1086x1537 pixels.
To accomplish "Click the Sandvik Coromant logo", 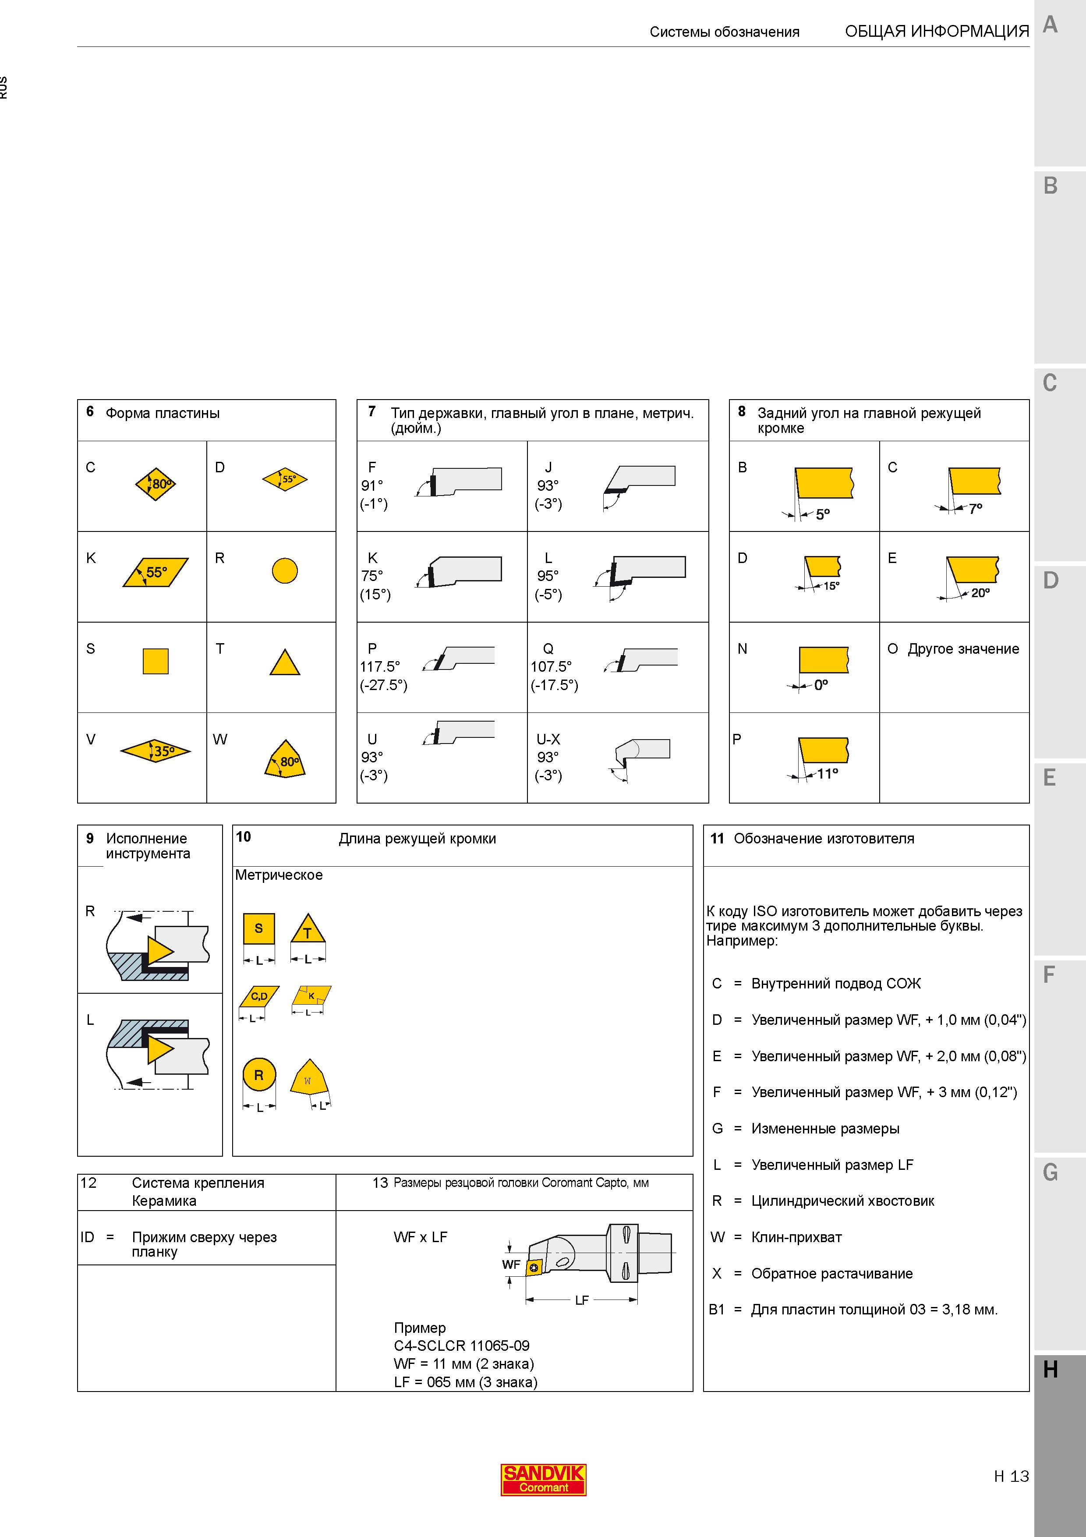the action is [543, 1479].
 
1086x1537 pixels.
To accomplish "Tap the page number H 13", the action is [1011, 1476].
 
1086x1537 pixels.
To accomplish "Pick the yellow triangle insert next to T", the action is [284, 663].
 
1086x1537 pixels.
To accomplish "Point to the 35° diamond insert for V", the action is [155, 751].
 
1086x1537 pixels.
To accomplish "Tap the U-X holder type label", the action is [548, 739].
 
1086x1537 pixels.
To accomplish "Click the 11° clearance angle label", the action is [828, 774].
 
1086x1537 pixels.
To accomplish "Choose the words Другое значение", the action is [963, 649].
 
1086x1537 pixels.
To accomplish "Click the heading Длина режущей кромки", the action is [417, 839].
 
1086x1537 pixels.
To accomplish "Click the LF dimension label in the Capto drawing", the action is [581, 1300].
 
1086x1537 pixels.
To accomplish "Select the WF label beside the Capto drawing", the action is [511, 1264].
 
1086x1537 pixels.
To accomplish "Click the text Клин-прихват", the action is [796, 1237].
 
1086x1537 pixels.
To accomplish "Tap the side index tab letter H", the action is [1051, 1370].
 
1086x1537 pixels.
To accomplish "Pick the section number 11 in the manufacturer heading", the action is [717, 839].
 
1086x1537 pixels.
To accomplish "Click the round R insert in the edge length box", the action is [259, 1075].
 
